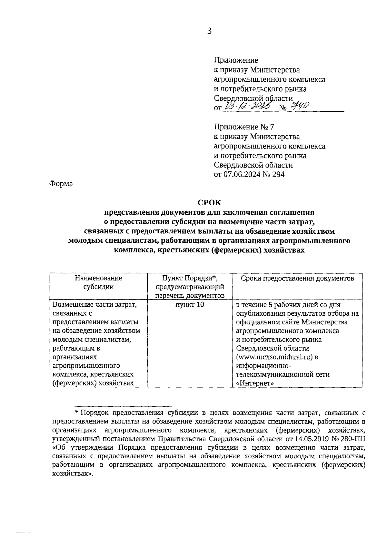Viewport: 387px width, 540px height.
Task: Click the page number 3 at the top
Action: click(209, 31)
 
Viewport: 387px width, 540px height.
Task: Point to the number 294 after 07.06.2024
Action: click(278, 175)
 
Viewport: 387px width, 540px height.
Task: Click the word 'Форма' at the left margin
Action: click(61, 184)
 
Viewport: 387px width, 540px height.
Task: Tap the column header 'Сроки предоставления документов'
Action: click(297, 278)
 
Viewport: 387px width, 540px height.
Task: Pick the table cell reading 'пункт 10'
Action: click(190, 305)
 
